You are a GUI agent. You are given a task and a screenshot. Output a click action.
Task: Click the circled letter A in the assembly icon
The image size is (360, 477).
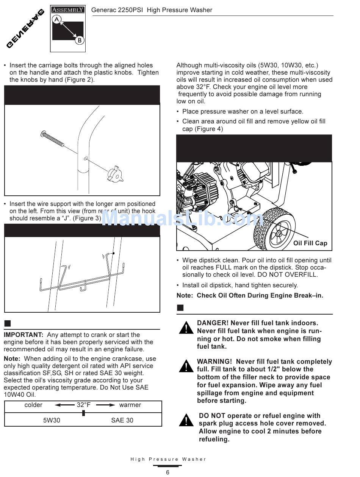[x=57, y=19]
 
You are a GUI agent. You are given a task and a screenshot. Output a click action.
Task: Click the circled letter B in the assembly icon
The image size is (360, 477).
[x=79, y=40]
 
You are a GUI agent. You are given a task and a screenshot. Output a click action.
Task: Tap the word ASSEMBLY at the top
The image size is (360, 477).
[x=68, y=10]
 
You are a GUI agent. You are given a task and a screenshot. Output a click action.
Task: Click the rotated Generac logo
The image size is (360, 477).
[x=25, y=29]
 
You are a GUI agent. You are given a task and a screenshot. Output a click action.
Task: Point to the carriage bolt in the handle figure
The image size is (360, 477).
[x=52, y=139]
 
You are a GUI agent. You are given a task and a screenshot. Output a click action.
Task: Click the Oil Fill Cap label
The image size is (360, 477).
[x=310, y=243]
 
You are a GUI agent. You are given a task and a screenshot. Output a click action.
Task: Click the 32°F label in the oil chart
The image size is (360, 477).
[x=83, y=405]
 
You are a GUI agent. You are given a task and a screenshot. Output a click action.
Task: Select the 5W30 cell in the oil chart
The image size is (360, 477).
[x=52, y=420]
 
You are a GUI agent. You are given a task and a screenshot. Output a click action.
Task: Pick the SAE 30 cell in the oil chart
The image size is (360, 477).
[x=122, y=420]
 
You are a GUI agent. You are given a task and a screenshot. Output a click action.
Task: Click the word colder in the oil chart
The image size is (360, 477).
[x=33, y=405]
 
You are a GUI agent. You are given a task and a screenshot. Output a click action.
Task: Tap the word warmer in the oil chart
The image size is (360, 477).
[x=130, y=405]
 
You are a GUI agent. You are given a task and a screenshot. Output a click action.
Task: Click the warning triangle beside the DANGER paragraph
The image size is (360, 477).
[x=186, y=327]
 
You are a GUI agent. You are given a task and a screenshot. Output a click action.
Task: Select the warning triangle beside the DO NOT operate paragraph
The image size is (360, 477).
[x=186, y=420]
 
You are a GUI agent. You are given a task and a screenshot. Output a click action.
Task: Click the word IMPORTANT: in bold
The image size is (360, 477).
[x=23, y=335]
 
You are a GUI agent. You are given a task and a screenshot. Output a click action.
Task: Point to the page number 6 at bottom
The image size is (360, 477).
[x=167, y=472]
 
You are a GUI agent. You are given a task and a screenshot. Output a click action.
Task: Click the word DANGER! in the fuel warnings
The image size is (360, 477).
[x=213, y=323]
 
